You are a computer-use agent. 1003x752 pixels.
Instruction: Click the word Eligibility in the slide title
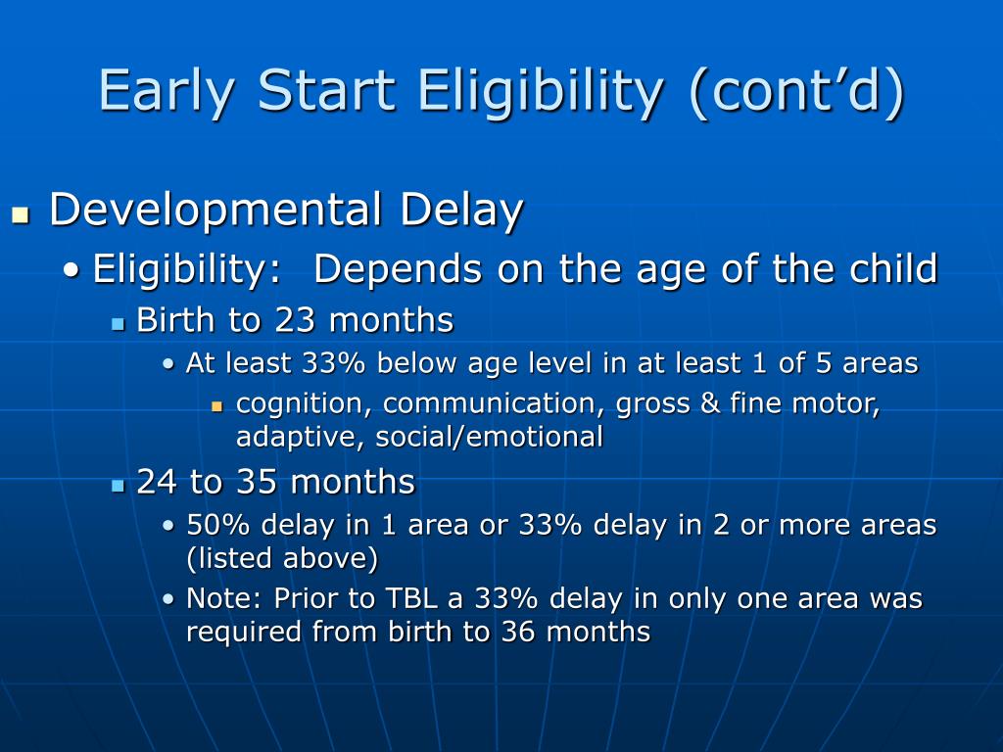(x=541, y=91)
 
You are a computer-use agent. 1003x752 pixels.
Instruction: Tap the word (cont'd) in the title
(x=797, y=91)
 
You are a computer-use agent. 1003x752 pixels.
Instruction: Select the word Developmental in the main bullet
(x=215, y=211)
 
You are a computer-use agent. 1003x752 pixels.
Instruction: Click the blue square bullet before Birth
(x=118, y=324)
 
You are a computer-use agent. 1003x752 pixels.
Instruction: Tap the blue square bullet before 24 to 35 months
(x=118, y=486)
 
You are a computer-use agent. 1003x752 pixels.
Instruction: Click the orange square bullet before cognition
(x=217, y=406)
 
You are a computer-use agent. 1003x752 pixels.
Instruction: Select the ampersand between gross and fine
(x=710, y=403)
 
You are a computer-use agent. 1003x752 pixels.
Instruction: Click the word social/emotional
(x=490, y=437)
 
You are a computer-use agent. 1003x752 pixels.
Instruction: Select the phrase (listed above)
(x=282, y=558)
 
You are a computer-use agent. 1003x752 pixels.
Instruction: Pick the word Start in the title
(x=326, y=91)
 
